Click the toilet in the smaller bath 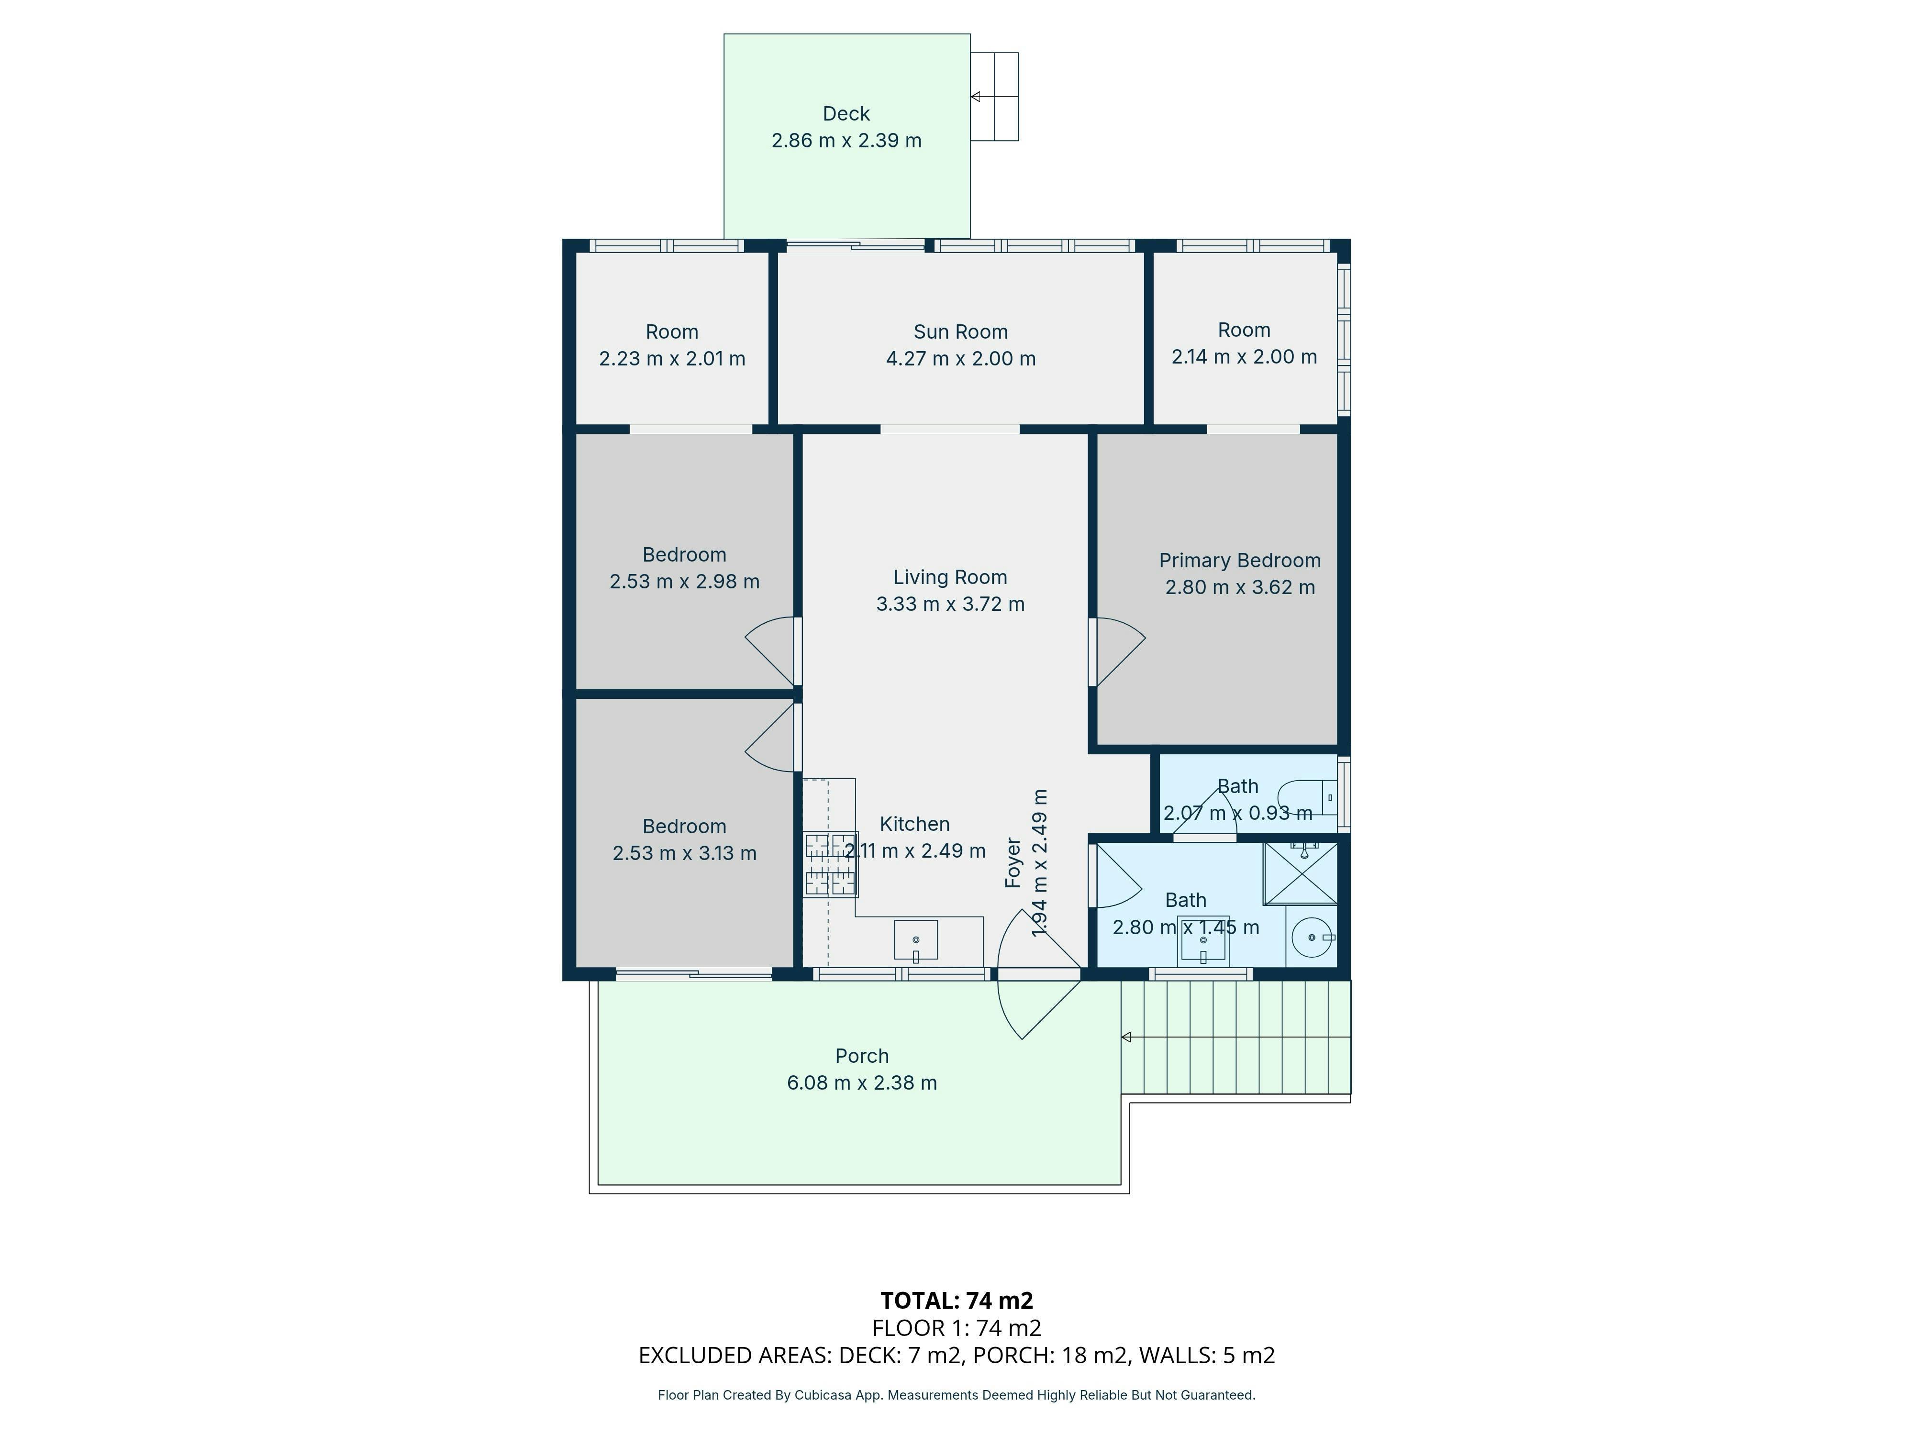point(1308,796)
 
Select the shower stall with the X point(1301,873)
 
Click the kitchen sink point(915,940)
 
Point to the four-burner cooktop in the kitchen point(831,863)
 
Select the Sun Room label point(960,332)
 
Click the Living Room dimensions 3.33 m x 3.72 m point(950,604)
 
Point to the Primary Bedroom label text point(1240,561)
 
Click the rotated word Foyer point(1013,862)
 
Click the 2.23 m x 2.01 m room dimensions point(672,359)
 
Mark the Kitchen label point(914,824)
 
